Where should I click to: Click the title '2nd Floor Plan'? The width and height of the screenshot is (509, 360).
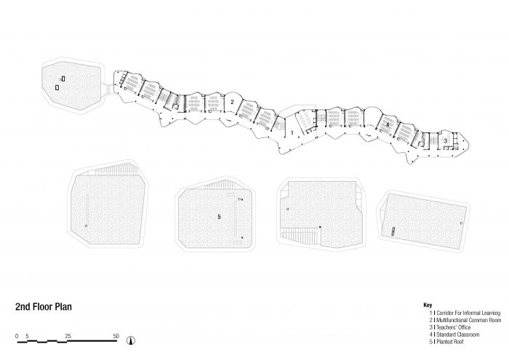[44, 307]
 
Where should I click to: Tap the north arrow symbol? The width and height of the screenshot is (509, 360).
[130, 340]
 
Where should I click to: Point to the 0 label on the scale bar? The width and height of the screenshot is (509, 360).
[17, 336]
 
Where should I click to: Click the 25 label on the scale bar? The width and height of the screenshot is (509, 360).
[68, 336]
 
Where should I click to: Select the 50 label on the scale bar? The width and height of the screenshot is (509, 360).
[116, 336]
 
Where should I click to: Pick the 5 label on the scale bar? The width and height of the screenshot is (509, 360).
[28, 336]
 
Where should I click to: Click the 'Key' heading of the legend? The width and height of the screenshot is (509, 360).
[428, 305]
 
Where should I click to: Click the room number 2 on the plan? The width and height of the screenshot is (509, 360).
[232, 102]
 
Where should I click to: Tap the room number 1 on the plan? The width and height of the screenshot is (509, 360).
[292, 133]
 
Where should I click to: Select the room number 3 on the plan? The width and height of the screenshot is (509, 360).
[445, 141]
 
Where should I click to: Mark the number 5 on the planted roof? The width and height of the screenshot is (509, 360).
[219, 217]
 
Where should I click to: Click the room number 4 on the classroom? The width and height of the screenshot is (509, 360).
[388, 124]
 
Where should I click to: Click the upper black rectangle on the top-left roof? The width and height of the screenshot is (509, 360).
[63, 79]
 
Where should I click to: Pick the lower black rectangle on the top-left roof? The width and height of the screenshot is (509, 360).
[57, 87]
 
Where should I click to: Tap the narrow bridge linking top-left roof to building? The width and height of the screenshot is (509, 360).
[108, 88]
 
